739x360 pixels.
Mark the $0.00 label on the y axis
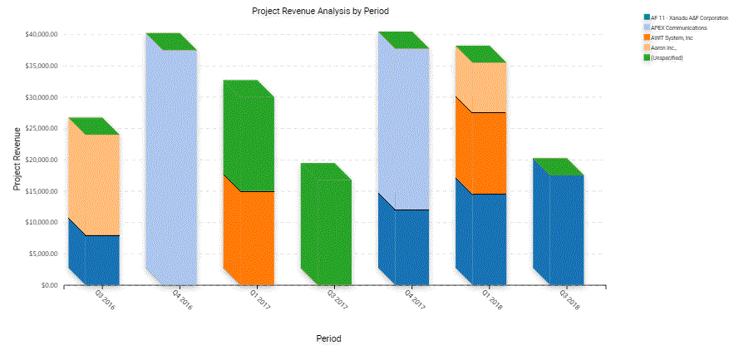(x=49, y=285)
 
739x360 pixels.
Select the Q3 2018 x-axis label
(x=569, y=299)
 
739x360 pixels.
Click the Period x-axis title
(x=328, y=339)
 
